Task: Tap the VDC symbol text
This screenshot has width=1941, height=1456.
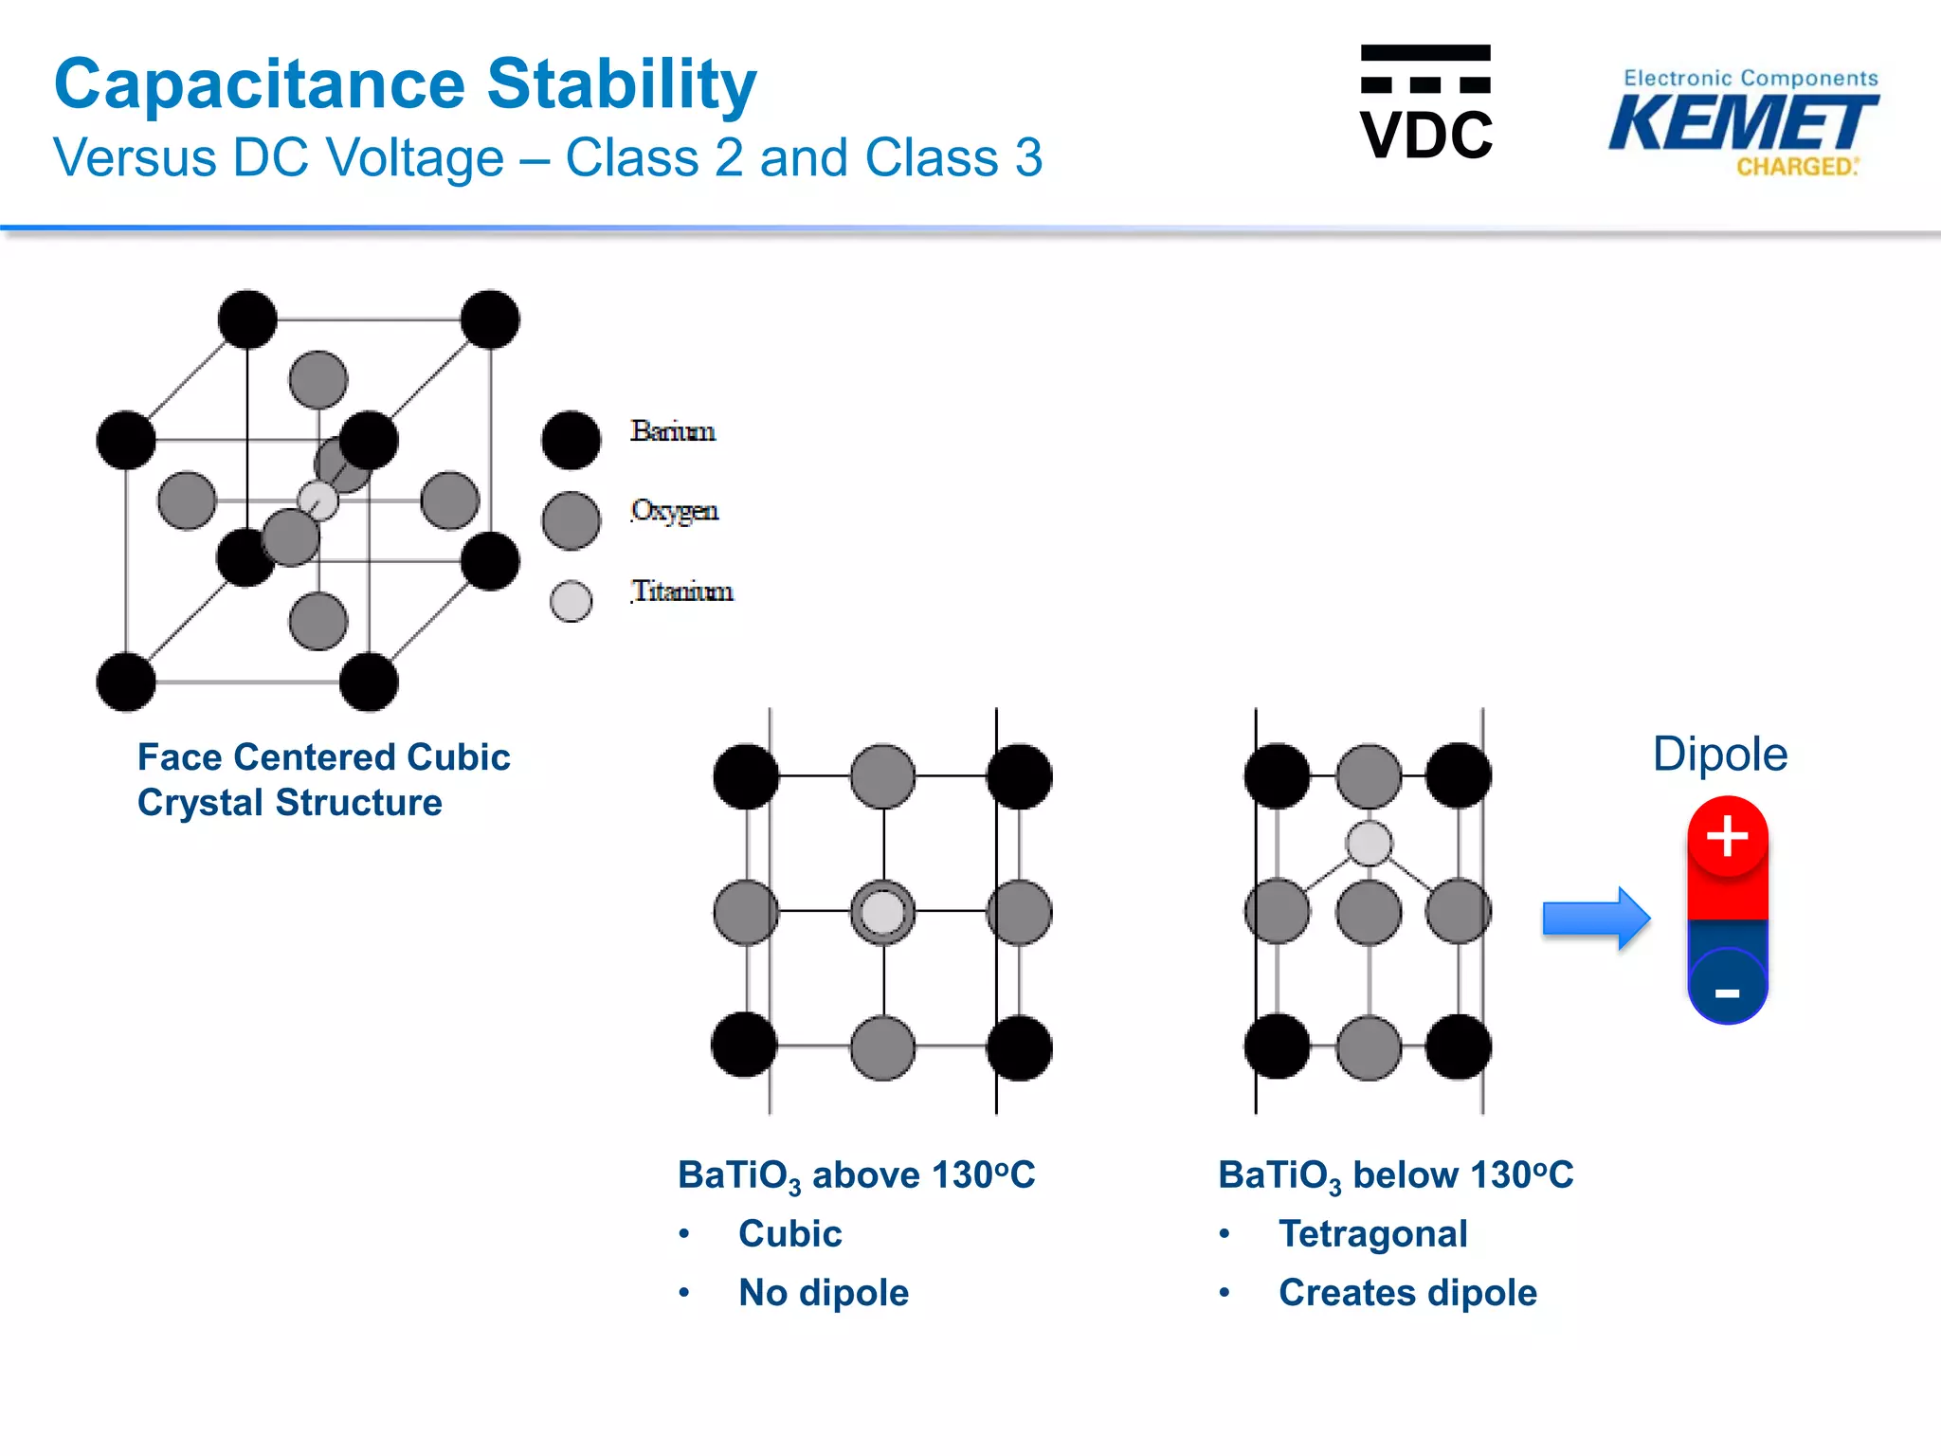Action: tap(1425, 135)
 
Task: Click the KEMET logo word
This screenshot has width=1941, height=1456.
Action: tap(1742, 124)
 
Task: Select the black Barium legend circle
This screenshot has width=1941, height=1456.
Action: tap(571, 440)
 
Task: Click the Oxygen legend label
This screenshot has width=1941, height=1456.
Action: tap(674, 511)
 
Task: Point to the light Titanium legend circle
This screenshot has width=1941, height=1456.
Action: tap(571, 601)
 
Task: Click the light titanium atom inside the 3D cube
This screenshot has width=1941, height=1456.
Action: tap(318, 500)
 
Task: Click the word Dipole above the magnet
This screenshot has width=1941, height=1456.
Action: tap(1719, 755)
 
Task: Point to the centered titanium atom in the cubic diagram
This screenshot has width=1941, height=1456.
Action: tap(882, 912)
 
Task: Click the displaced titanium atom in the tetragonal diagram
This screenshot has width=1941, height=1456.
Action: tap(1369, 843)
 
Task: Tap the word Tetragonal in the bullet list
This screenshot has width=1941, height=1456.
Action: tap(1372, 1234)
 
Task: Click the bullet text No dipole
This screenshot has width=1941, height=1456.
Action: tap(823, 1293)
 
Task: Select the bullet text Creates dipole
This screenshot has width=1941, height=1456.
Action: tap(1406, 1293)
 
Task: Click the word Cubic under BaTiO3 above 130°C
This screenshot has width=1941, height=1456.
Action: tap(789, 1234)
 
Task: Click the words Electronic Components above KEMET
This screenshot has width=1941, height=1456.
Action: tap(1750, 79)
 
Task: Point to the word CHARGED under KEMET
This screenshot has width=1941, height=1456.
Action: tap(1795, 167)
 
